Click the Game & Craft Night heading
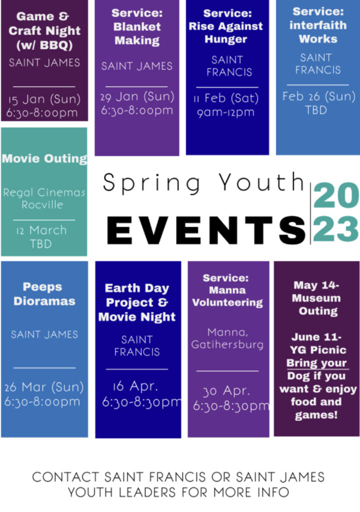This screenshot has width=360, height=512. point(44,30)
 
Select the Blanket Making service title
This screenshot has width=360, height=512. point(137,26)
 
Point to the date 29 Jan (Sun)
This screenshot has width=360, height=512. point(137,96)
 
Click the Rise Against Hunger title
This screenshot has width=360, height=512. point(225,26)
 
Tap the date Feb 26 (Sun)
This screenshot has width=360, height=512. point(319,96)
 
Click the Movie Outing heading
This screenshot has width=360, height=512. point(44,158)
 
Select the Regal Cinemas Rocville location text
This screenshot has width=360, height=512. point(44,198)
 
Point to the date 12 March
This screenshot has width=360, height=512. point(41,230)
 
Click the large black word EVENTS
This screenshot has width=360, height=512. point(206,230)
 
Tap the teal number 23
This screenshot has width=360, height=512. point(336,228)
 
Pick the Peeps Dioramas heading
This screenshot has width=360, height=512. point(44,294)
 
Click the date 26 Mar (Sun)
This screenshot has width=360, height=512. point(44,387)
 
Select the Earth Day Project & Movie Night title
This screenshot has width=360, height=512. point(137,302)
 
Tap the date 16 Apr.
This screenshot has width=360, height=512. point(135,386)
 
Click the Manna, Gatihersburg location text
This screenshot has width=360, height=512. point(227,338)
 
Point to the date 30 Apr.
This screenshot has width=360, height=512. point(226,391)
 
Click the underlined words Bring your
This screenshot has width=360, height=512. point(316,363)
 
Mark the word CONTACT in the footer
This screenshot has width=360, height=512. point(65,477)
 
